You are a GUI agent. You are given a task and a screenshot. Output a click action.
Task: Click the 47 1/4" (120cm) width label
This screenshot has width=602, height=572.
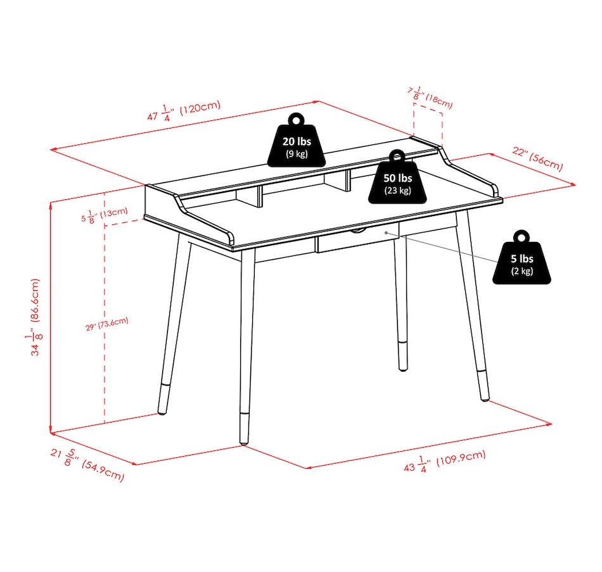pos(184,111)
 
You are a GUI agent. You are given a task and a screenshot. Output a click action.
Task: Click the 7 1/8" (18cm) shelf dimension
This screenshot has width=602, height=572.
pos(430,98)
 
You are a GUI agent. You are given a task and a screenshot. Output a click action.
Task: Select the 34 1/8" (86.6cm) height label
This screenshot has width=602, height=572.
pos(35,317)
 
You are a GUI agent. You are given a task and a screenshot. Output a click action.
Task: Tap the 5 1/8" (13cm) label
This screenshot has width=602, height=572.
pos(105,215)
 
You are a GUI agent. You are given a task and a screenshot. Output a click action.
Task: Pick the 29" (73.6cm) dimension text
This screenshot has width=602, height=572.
pos(106,324)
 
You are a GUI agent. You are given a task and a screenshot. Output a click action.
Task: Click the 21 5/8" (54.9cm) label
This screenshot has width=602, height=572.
pos(87,465)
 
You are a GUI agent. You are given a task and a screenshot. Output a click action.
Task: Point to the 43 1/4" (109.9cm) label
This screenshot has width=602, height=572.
pos(445,461)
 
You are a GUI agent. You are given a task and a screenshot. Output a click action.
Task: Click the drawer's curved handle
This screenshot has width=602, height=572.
pos(357,231)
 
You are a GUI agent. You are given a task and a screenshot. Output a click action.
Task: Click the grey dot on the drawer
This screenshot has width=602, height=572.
pos(387,232)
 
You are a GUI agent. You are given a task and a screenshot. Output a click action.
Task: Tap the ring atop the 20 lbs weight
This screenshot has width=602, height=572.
pos(296,119)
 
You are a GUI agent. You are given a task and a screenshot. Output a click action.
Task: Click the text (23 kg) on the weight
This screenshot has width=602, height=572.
pos(397,191)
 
